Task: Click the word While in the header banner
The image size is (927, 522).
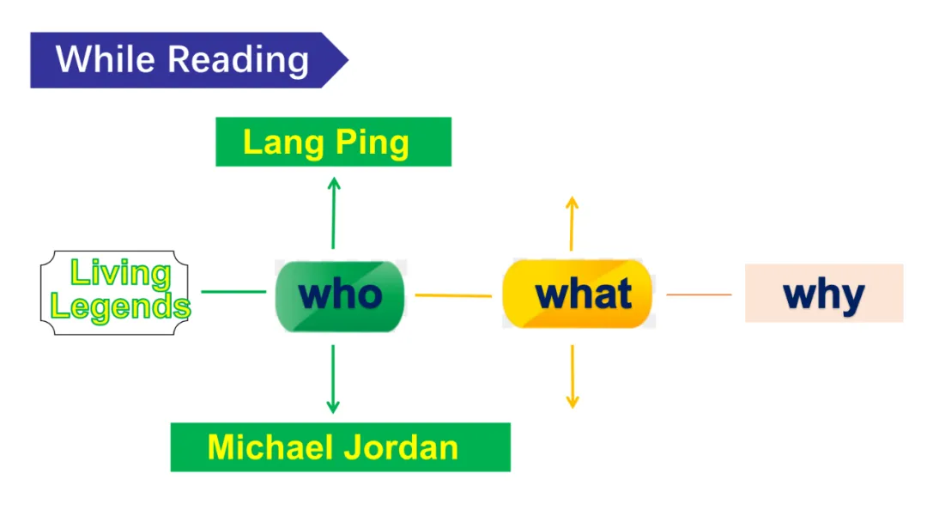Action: [x=106, y=60]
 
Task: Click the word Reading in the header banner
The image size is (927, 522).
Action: [x=238, y=60]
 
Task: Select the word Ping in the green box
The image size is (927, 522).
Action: [x=371, y=143]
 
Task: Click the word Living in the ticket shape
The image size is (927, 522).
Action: [x=120, y=274]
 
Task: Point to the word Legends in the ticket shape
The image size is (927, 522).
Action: [x=120, y=306]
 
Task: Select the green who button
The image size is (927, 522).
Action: [x=340, y=295]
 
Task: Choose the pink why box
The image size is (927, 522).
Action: [x=823, y=294]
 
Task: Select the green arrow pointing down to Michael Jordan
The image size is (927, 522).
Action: [x=333, y=379]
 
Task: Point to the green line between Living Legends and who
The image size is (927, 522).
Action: [x=233, y=292]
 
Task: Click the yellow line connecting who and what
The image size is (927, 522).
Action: [x=453, y=295]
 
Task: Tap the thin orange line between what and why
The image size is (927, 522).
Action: [x=699, y=294]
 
